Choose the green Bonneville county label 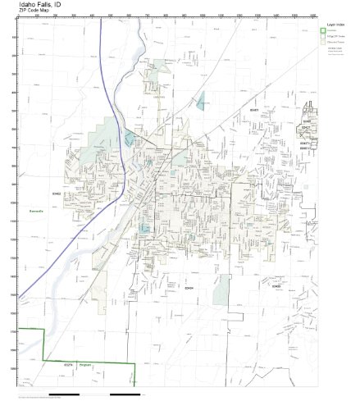coord(34,221)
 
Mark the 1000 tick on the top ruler coord(203,16)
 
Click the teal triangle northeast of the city coord(201,102)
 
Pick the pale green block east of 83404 coord(221,291)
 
